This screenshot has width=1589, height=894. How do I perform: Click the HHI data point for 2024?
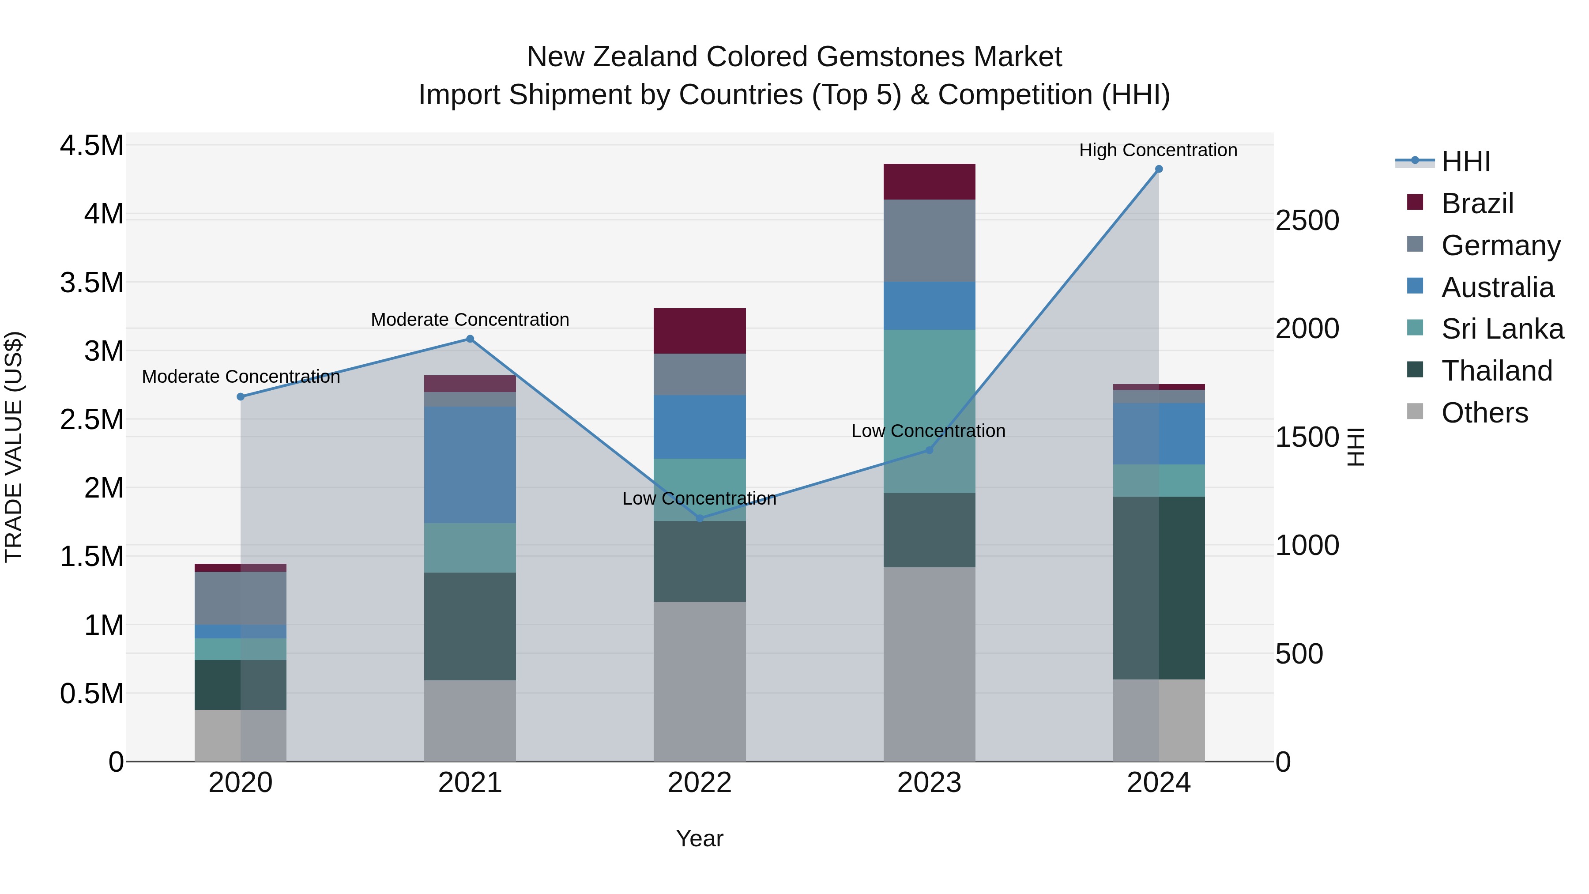[x=1159, y=169]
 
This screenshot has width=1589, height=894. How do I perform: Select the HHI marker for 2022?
[x=700, y=518]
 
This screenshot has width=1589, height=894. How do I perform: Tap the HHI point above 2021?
[x=470, y=339]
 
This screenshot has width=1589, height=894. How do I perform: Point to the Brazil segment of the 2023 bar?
[x=929, y=181]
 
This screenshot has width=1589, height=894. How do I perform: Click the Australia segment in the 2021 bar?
[x=470, y=464]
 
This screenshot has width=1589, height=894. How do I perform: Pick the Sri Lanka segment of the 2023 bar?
[x=929, y=411]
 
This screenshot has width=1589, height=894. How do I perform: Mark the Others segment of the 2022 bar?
[x=700, y=681]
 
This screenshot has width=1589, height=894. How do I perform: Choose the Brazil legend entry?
[x=1477, y=204]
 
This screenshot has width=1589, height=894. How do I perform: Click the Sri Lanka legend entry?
[x=1502, y=329]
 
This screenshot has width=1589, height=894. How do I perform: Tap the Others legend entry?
[x=1484, y=413]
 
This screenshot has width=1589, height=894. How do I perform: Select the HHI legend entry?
[x=1465, y=162]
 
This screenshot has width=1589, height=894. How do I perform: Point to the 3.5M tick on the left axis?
[x=92, y=283]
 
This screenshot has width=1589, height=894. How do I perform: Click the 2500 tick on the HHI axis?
[x=1307, y=221]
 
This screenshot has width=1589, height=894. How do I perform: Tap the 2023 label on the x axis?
[x=929, y=783]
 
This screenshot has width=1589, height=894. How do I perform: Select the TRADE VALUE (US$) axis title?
[x=14, y=447]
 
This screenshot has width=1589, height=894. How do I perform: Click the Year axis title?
[x=700, y=838]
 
